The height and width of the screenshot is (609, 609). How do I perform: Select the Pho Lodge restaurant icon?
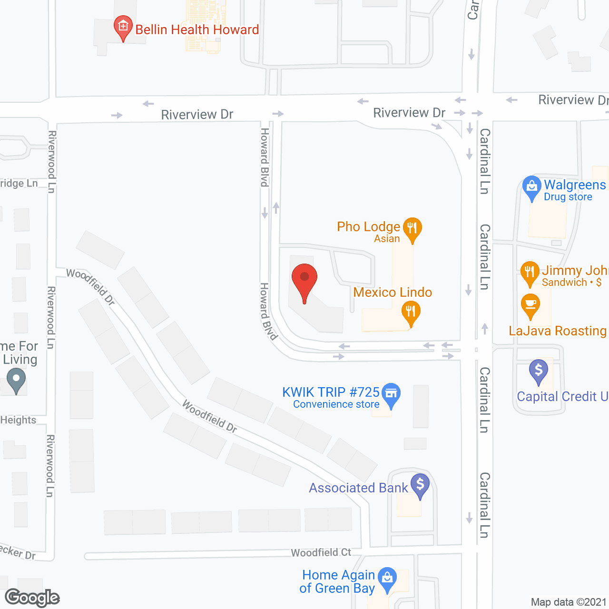412,228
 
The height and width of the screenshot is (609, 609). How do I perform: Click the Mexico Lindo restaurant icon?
411,313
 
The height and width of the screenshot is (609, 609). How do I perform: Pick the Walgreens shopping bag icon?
531,186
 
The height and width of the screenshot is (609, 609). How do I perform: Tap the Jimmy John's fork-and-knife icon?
530,272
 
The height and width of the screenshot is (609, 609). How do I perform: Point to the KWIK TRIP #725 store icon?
391,394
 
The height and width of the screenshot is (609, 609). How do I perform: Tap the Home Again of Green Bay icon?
387,579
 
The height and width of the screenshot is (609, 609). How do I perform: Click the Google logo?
32,598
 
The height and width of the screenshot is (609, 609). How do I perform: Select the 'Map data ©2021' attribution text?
569,602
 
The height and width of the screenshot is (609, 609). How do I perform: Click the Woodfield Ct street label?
321,552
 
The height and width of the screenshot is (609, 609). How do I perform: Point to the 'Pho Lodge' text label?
368,227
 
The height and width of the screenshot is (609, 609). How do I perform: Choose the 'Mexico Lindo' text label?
393,292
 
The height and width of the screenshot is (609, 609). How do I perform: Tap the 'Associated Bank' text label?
358,488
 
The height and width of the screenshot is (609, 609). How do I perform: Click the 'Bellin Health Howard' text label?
197,29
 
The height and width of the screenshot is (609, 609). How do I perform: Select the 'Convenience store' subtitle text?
336,404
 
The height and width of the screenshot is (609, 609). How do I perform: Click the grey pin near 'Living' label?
16,381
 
